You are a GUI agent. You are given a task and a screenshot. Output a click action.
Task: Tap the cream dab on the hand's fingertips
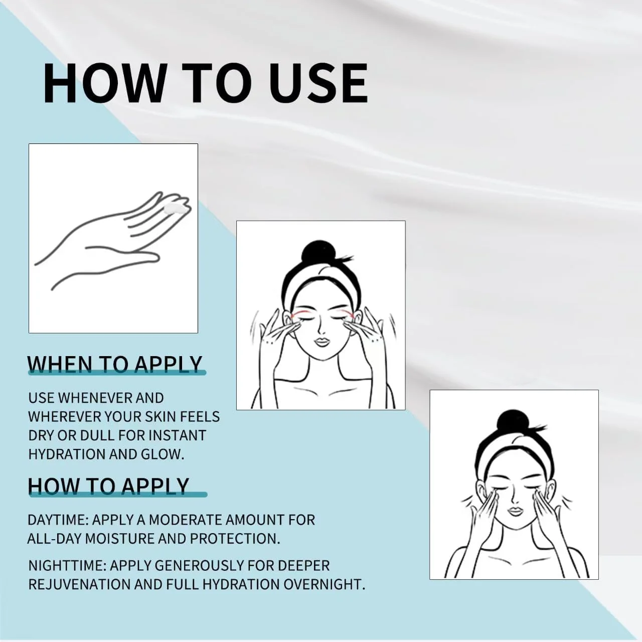click(176, 209)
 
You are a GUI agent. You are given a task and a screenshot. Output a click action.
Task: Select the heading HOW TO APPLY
click(109, 486)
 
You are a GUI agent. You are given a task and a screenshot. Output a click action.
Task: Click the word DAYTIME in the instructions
click(57, 520)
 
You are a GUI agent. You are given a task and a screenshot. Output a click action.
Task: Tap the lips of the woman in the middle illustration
click(322, 342)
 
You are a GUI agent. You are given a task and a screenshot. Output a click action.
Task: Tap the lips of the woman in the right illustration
click(515, 511)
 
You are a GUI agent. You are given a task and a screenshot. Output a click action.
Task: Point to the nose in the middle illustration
click(320, 328)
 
